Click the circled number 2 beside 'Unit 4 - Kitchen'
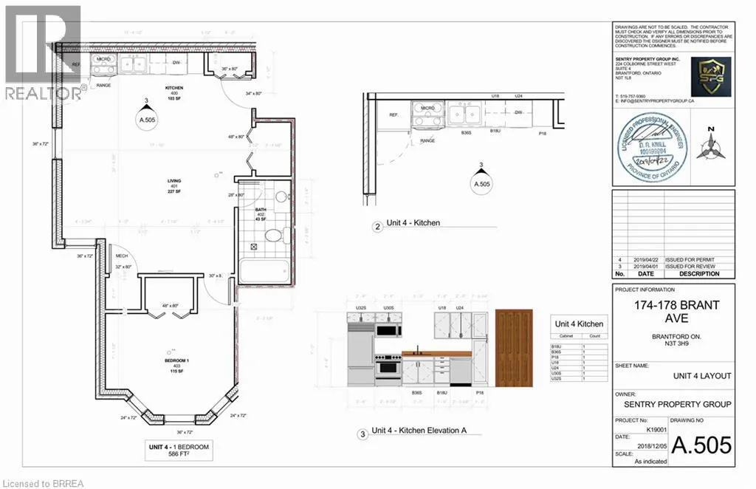(377, 228)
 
